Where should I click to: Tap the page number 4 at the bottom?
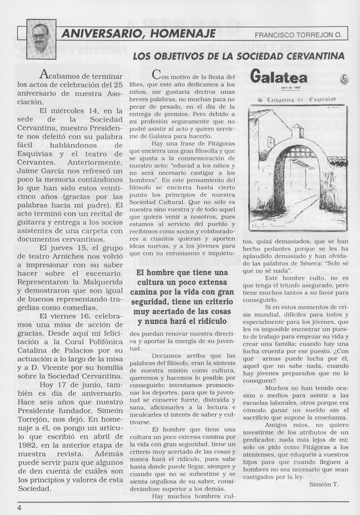coord(19,507)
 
